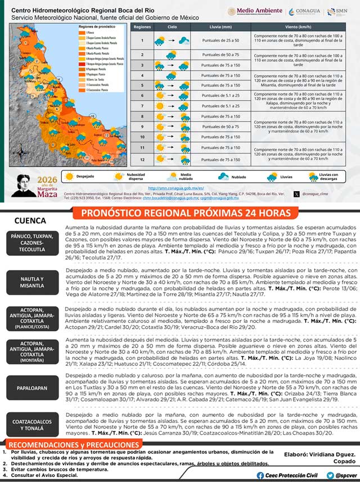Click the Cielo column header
[x=172, y=27]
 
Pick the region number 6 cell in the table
[x=142, y=96]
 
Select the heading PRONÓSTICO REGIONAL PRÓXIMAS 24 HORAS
[x=186, y=213]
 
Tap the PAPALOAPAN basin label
[x=31, y=388]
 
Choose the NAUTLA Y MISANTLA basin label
[x=31, y=282]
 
